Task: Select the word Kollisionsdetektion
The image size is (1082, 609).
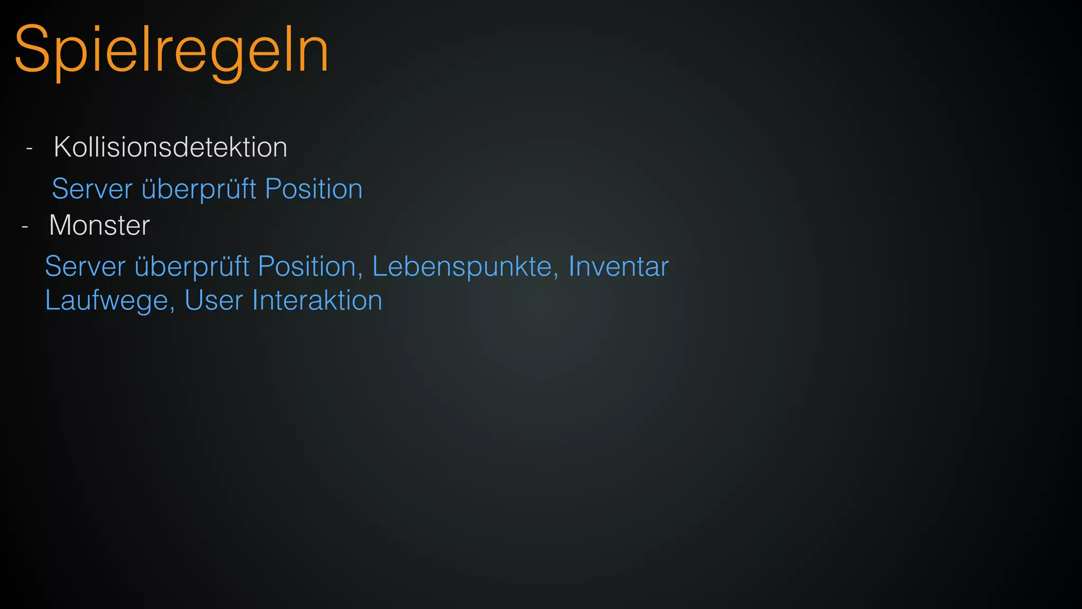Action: click(170, 147)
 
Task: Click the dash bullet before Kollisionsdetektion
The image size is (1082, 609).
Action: click(30, 149)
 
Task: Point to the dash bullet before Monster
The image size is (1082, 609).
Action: click(25, 227)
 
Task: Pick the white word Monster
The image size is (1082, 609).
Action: click(99, 225)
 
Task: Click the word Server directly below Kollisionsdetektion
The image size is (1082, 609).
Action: click(92, 189)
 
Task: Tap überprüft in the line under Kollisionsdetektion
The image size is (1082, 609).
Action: click(199, 189)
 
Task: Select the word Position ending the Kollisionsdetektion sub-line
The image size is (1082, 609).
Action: click(314, 189)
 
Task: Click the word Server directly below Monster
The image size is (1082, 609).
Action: click(85, 266)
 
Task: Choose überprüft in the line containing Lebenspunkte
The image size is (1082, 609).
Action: click(192, 266)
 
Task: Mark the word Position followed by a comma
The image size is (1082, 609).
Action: click(307, 266)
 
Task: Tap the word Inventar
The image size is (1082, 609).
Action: click(619, 266)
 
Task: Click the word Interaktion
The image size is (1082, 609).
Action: click(317, 300)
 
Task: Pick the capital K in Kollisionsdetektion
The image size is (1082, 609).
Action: click(63, 147)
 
